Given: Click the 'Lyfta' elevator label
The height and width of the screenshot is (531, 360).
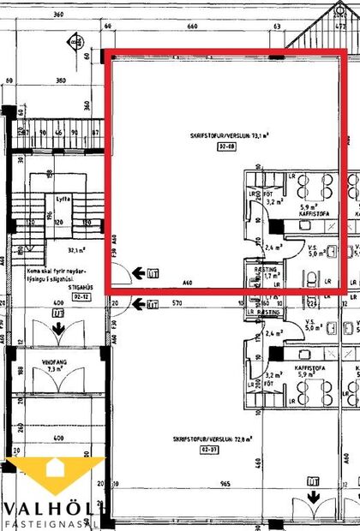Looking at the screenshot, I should (x=63, y=198).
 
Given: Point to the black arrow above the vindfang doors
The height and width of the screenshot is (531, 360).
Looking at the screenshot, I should (x=57, y=326).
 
